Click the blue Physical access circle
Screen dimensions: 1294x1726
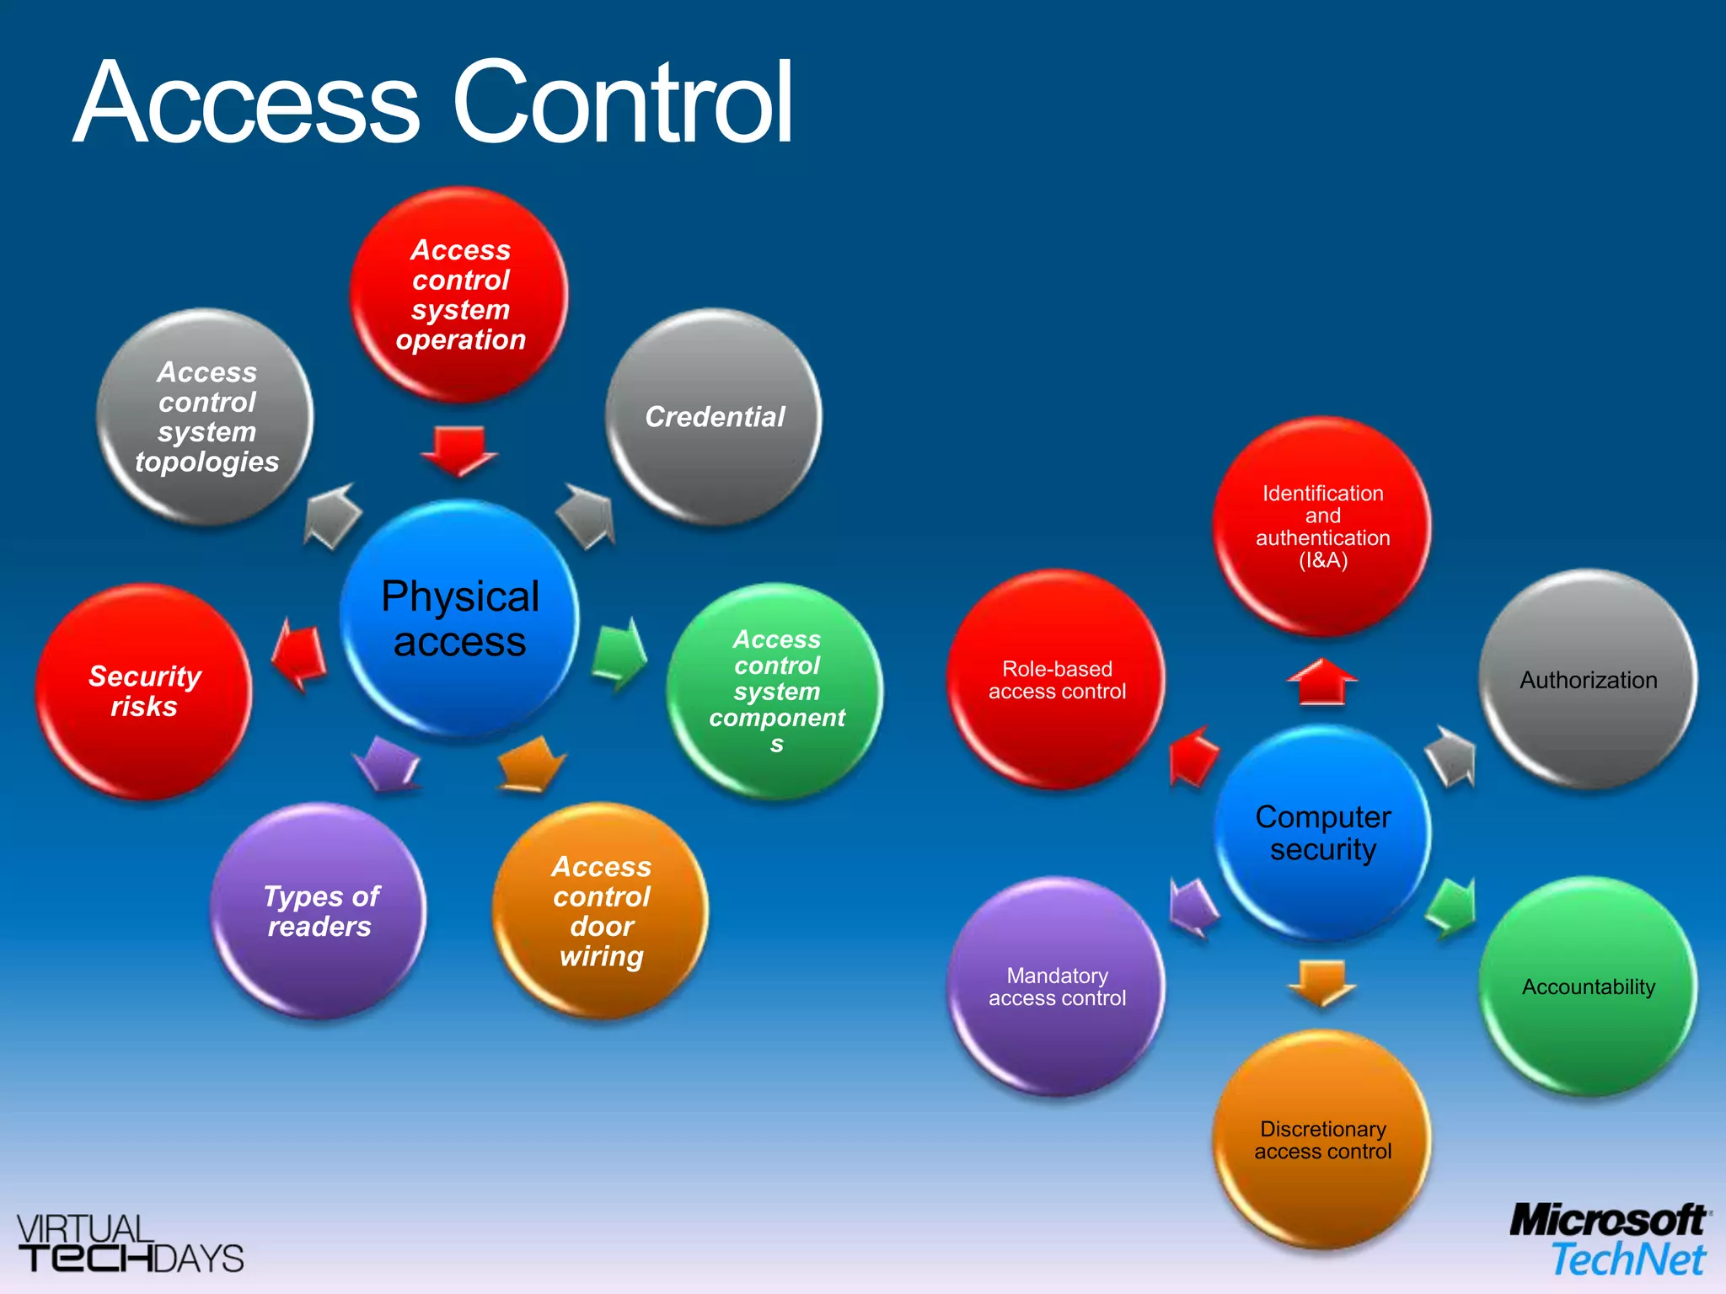[x=459, y=619]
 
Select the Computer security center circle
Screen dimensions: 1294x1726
[x=1322, y=832]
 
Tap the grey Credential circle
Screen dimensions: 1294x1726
[x=714, y=417]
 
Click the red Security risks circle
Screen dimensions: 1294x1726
[x=144, y=692]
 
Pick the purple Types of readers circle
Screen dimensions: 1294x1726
[x=319, y=912]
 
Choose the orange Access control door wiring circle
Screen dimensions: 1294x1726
[x=601, y=912]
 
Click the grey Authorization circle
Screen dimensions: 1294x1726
[x=1588, y=680]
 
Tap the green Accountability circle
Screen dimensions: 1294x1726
[x=1588, y=987]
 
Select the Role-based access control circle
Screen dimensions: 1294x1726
[x=1056, y=680]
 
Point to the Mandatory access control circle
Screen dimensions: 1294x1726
[x=1056, y=987]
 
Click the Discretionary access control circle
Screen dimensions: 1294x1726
[x=1322, y=1140]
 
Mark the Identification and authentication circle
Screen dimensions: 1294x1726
[x=1322, y=527]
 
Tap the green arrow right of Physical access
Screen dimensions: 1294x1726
[x=619, y=654]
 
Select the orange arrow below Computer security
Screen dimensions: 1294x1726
[x=1321, y=982]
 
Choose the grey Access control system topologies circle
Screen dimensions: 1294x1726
[x=206, y=417]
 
